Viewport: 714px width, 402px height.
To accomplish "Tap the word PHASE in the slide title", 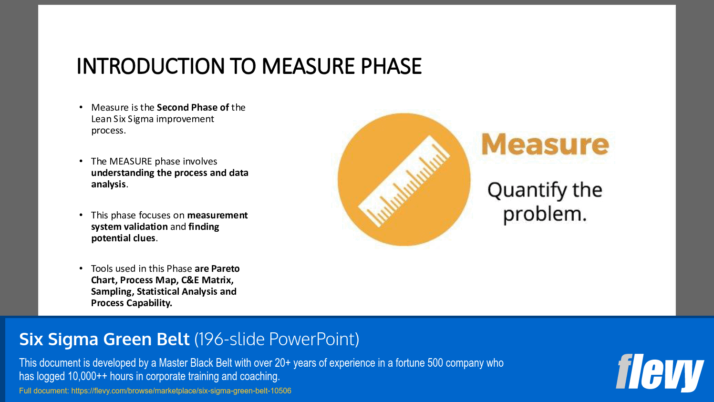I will click(x=391, y=66).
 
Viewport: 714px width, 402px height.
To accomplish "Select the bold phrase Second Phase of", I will click(x=193, y=107).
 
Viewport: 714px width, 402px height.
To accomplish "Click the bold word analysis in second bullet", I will click(x=108, y=184).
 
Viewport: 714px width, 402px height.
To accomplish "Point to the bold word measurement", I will click(x=217, y=215).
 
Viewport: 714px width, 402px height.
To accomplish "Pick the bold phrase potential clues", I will click(x=123, y=238).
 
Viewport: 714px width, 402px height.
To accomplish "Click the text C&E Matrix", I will click(x=207, y=280).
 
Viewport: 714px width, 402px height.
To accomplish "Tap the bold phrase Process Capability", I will click(x=131, y=303).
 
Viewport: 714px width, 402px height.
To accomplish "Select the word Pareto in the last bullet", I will click(x=225, y=268).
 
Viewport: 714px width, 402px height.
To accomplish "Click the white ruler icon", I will click(x=404, y=180).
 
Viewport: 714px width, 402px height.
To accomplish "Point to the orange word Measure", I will click(x=545, y=144).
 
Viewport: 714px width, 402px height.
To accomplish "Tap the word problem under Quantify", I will click(x=544, y=214).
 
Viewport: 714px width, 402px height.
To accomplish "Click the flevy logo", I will click(x=659, y=372).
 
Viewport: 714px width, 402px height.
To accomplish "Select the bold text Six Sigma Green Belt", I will click(x=104, y=339).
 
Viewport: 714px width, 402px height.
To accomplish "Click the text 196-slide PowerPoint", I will click(x=277, y=339).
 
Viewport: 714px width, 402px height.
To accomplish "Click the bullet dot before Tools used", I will click(x=81, y=268).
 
